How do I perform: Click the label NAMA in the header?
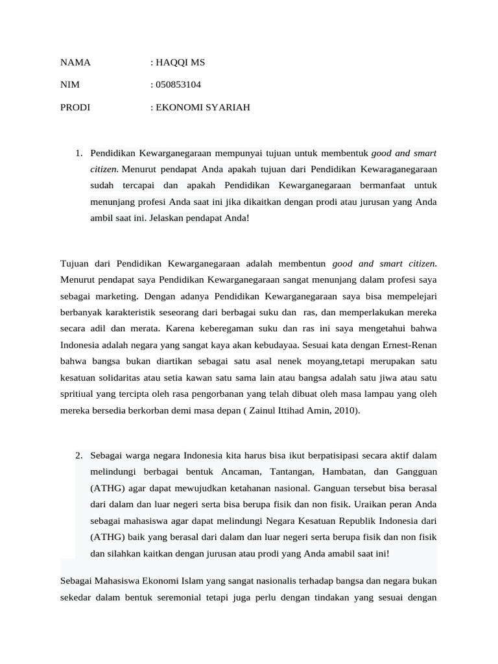coord(75,63)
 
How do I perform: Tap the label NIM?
coord(69,85)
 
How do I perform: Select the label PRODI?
coord(75,108)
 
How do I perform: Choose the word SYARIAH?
coord(228,108)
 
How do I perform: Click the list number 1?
coord(78,154)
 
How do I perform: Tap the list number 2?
coord(78,455)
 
